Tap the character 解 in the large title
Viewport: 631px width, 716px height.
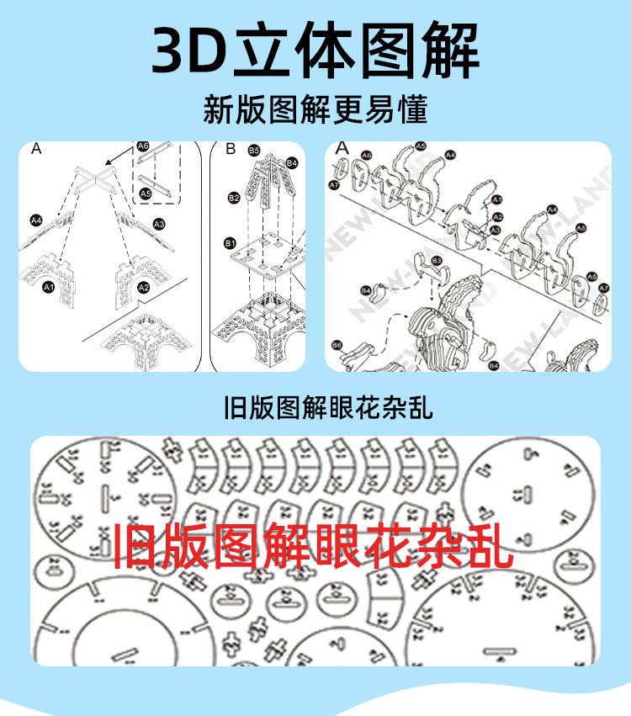443,50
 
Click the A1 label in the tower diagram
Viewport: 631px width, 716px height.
48,288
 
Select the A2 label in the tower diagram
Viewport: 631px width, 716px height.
144,288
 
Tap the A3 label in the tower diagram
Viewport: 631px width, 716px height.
159,225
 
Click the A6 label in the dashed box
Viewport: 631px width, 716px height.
143,146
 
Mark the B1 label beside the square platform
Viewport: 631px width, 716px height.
229,243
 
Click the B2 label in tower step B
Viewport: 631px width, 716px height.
233,198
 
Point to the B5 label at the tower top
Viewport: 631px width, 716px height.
254,150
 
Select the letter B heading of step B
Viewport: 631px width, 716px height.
231,149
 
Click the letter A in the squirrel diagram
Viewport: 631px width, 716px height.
342,149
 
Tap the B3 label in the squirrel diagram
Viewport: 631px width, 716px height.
437,261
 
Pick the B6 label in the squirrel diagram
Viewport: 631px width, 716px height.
337,345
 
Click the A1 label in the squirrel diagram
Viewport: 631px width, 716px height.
496,199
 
